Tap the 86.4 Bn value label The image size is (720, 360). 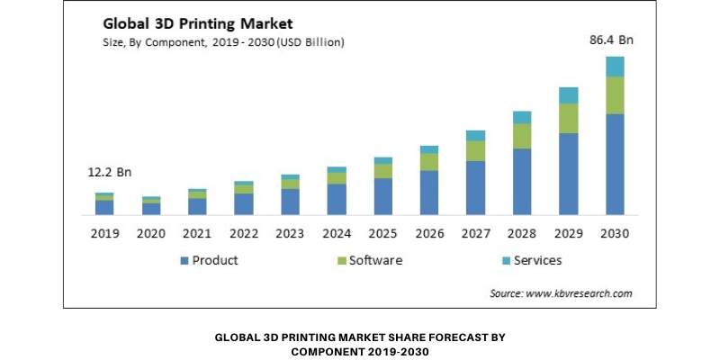pyautogui.click(x=611, y=40)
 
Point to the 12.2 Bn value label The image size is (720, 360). pyautogui.click(x=110, y=172)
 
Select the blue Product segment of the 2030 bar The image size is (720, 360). pyautogui.click(x=615, y=164)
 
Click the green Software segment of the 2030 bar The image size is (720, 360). pyautogui.click(x=615, y=94)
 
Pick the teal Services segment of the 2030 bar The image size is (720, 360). pyautogui.click(x=615, y=66)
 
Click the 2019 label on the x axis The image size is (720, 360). pyautogui.click(x=104, y=232)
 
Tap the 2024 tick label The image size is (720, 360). pyautogui.click(x=337, y=232)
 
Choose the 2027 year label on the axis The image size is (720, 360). pyautogui.click(x=475, y=232)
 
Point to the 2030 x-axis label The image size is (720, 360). pyautogui.click(x=615, y=232)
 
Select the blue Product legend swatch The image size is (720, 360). pyautogui.click(x=184, y=261)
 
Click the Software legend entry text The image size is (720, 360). pyautogui.click(x=375, y=260)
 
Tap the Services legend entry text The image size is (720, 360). pyautogui.click(x=538, y=260)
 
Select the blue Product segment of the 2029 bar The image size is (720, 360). pyautogui.click(x=568, y=174)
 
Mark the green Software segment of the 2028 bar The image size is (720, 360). pyautogui.click(x=522, y=136)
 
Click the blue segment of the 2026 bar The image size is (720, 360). pyautogui.click(x=429, y=193)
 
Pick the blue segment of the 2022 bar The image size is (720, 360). pyautogui.click(x=244, y=204)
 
